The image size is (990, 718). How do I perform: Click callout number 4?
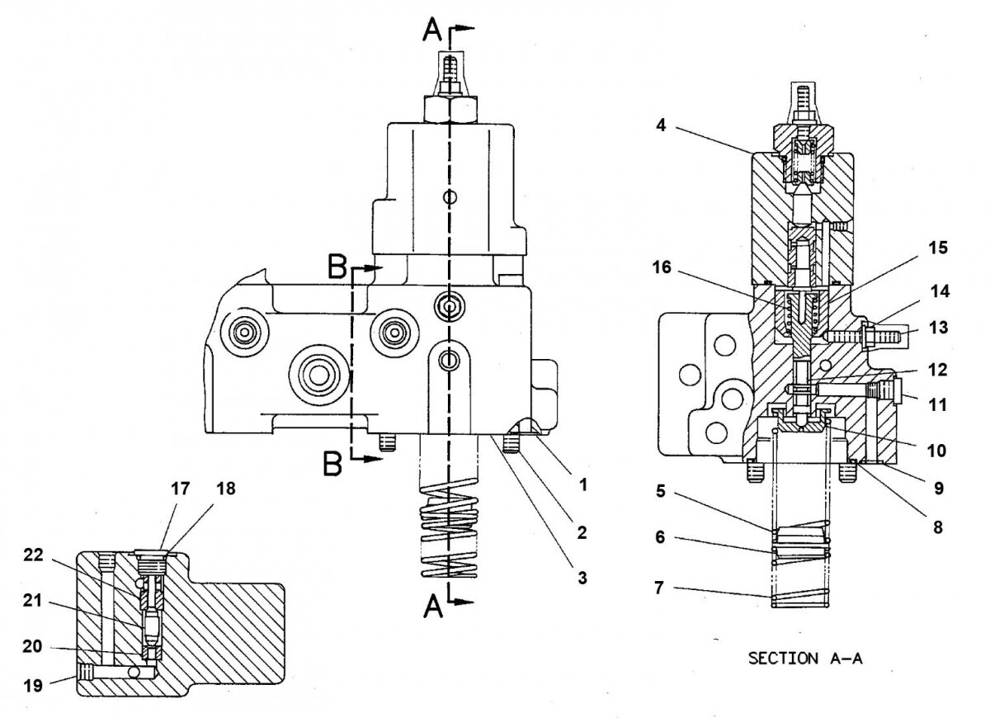662,127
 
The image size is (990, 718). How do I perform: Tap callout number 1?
583,485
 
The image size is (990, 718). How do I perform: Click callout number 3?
582,579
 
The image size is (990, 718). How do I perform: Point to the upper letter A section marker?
432,31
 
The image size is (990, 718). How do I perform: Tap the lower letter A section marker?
432,608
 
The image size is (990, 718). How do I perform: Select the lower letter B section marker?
332,466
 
